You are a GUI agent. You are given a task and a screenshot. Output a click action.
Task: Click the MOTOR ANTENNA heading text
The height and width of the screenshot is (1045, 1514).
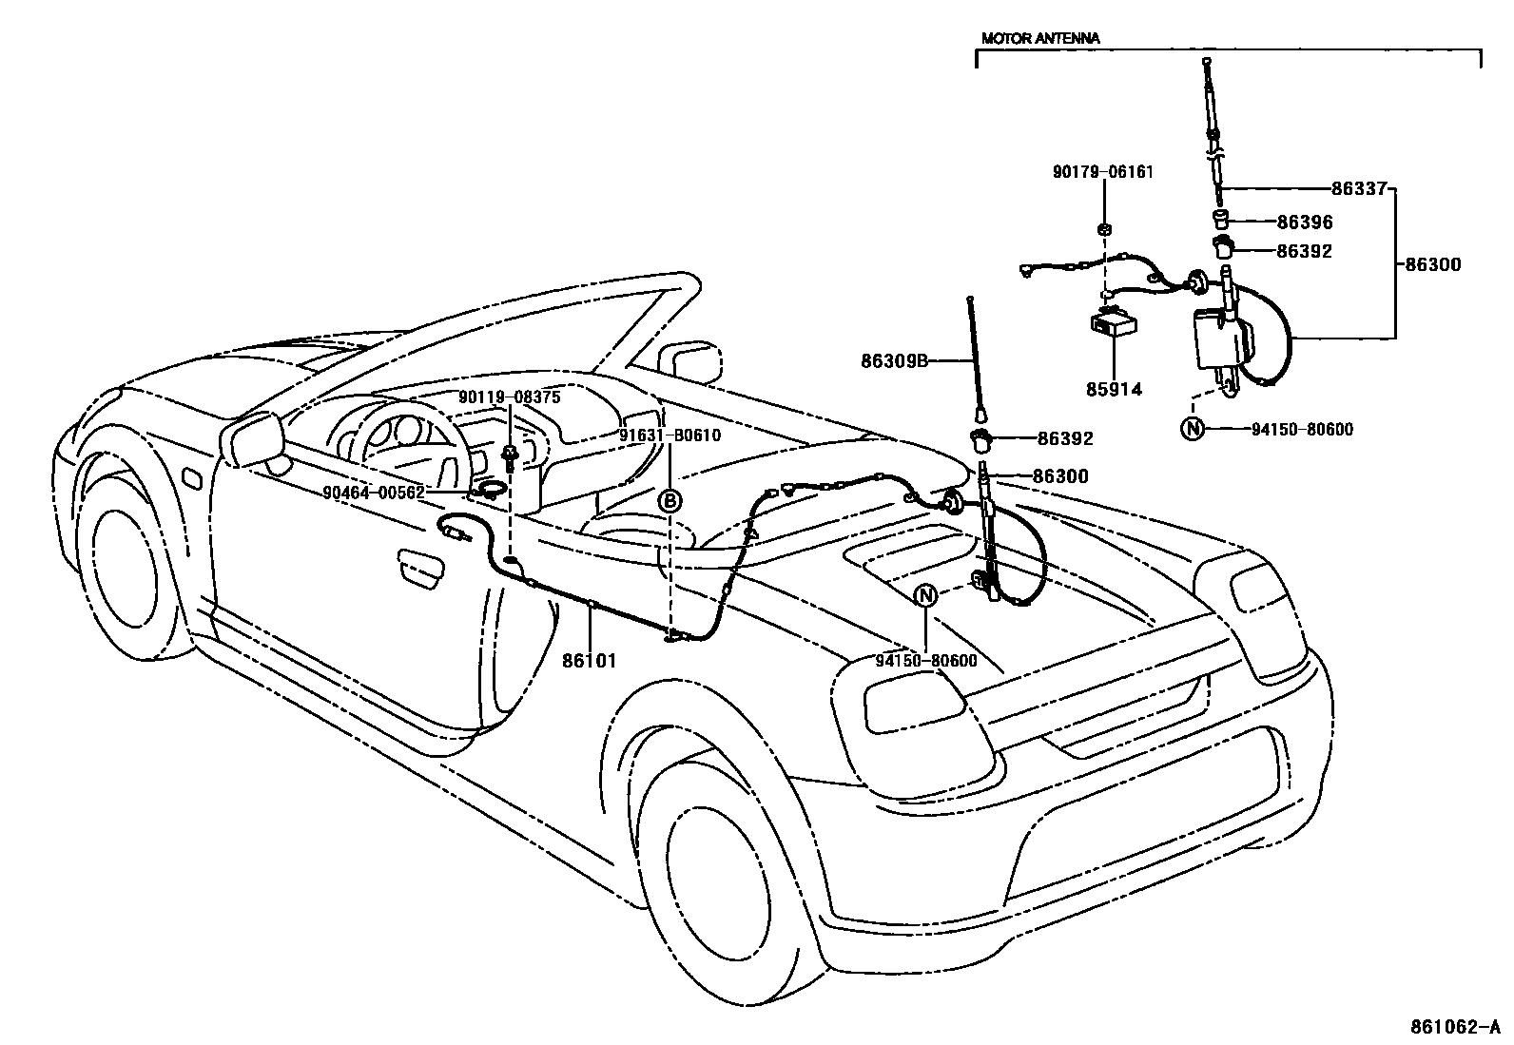pyautogui.click(x=1039, y=39)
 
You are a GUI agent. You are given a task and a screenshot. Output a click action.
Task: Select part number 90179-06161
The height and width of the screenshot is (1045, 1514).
pyautogui.click(x=1102, y=172)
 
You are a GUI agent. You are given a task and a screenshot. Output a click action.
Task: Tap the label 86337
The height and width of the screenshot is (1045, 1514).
pyautogui.click(x=1359, y=188)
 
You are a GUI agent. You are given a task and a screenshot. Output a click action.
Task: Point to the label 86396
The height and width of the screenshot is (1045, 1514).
pyautogui.click(x=1304, y=223)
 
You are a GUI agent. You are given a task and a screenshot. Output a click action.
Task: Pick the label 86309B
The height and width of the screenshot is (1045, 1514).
pyautogui.click(x=894, y=360)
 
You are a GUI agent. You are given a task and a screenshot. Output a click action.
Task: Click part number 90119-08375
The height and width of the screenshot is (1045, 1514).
pyautogui.click(x=510, y=397)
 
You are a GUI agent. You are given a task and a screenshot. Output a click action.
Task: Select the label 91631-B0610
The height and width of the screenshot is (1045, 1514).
pyautogui.click(x=670, y=435)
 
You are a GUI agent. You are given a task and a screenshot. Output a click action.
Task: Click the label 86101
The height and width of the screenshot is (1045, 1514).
pyautogui.click(x=590, y=660)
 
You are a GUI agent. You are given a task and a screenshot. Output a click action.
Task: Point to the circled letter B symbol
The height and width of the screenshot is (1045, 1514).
pyautogui.click(x=670, y=500)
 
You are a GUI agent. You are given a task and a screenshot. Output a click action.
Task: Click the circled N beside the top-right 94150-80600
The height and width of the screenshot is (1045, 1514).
pyautogui.click(x=1191, y=430)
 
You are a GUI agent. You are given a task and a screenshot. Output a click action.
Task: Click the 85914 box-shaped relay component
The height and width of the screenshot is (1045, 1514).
pyautogui.click(x=1111, y=325)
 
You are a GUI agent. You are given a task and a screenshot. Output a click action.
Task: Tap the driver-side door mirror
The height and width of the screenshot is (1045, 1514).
pyautogui.click(x=254, y=441)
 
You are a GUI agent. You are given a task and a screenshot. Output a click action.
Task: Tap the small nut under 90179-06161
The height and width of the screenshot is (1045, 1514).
pyautogui.click(x=1103, y=229)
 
